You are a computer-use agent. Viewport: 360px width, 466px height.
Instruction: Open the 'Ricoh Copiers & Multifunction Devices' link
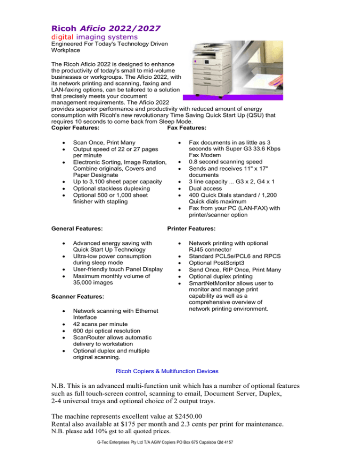point(167,371)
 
